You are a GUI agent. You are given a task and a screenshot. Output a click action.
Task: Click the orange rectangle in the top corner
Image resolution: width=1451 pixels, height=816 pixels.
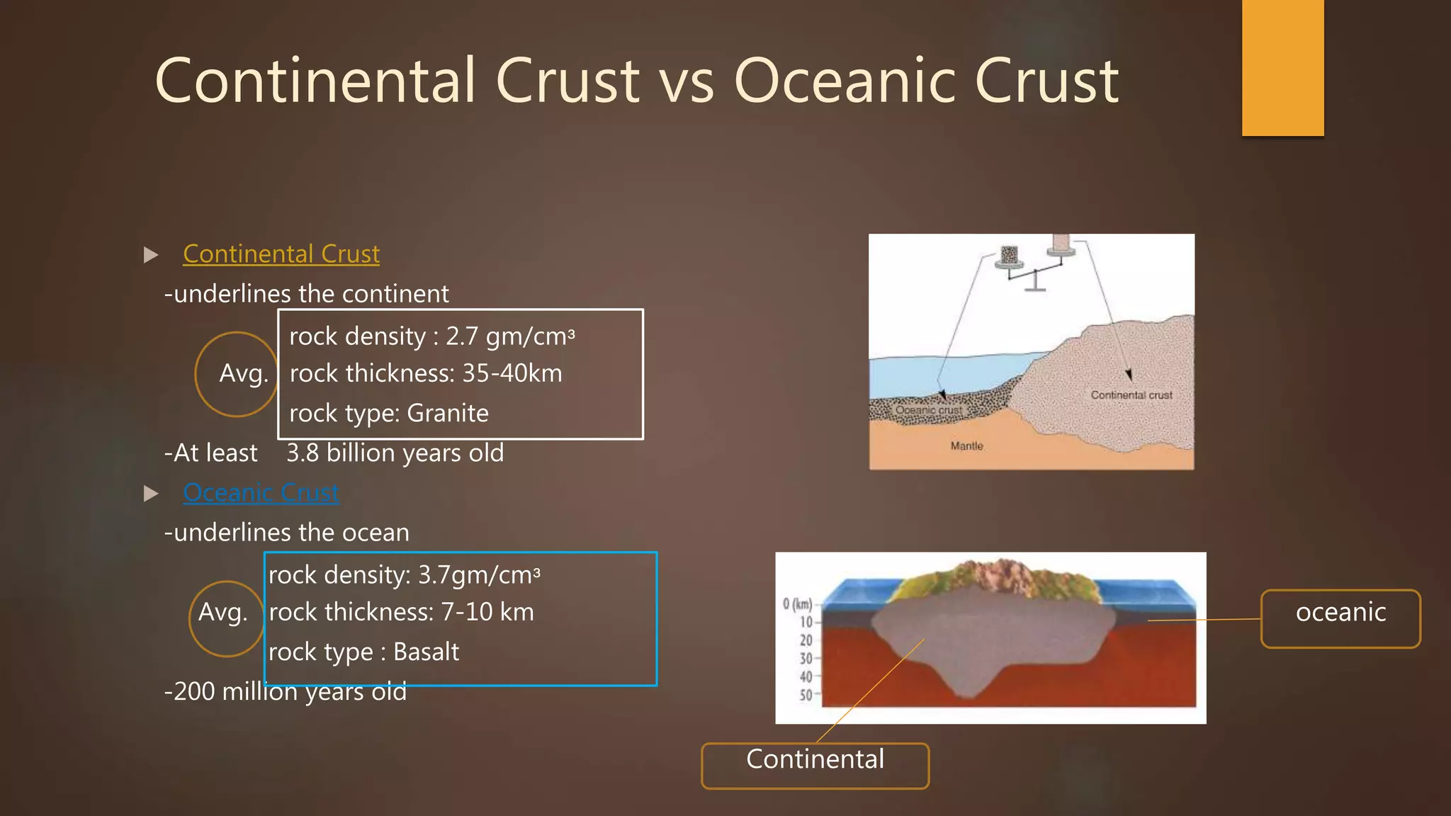1282,67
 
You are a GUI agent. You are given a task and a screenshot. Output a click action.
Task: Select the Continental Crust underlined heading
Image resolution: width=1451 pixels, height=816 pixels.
281,254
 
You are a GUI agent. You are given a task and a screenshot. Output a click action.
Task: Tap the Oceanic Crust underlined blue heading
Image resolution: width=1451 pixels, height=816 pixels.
261,492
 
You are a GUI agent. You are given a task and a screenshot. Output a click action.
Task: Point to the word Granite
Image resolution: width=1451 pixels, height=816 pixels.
448,413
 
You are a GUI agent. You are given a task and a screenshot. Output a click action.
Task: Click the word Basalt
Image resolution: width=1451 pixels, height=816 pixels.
426,652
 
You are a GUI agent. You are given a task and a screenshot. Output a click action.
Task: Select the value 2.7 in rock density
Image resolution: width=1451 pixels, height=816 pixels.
461,336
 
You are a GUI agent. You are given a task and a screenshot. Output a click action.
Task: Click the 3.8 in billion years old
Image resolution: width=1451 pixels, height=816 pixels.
303,453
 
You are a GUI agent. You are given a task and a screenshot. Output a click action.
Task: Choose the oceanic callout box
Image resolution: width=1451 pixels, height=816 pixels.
1340,618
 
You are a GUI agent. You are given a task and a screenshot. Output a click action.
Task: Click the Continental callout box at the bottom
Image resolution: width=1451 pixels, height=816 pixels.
815,765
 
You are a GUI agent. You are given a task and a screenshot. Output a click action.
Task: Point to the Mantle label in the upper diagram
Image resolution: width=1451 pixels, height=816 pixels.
966,446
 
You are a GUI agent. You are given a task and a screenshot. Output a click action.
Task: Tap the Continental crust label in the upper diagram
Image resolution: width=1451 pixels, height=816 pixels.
1131,395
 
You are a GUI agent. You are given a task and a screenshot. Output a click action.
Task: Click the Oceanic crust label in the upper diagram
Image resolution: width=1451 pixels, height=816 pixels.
928,410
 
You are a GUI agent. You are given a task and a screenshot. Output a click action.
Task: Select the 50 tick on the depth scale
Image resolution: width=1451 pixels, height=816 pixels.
806,695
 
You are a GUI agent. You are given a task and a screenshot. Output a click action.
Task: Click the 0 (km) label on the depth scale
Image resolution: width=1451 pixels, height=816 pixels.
797,604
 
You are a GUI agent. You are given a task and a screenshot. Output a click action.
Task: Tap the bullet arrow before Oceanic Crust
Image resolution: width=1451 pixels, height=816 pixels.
151,494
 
